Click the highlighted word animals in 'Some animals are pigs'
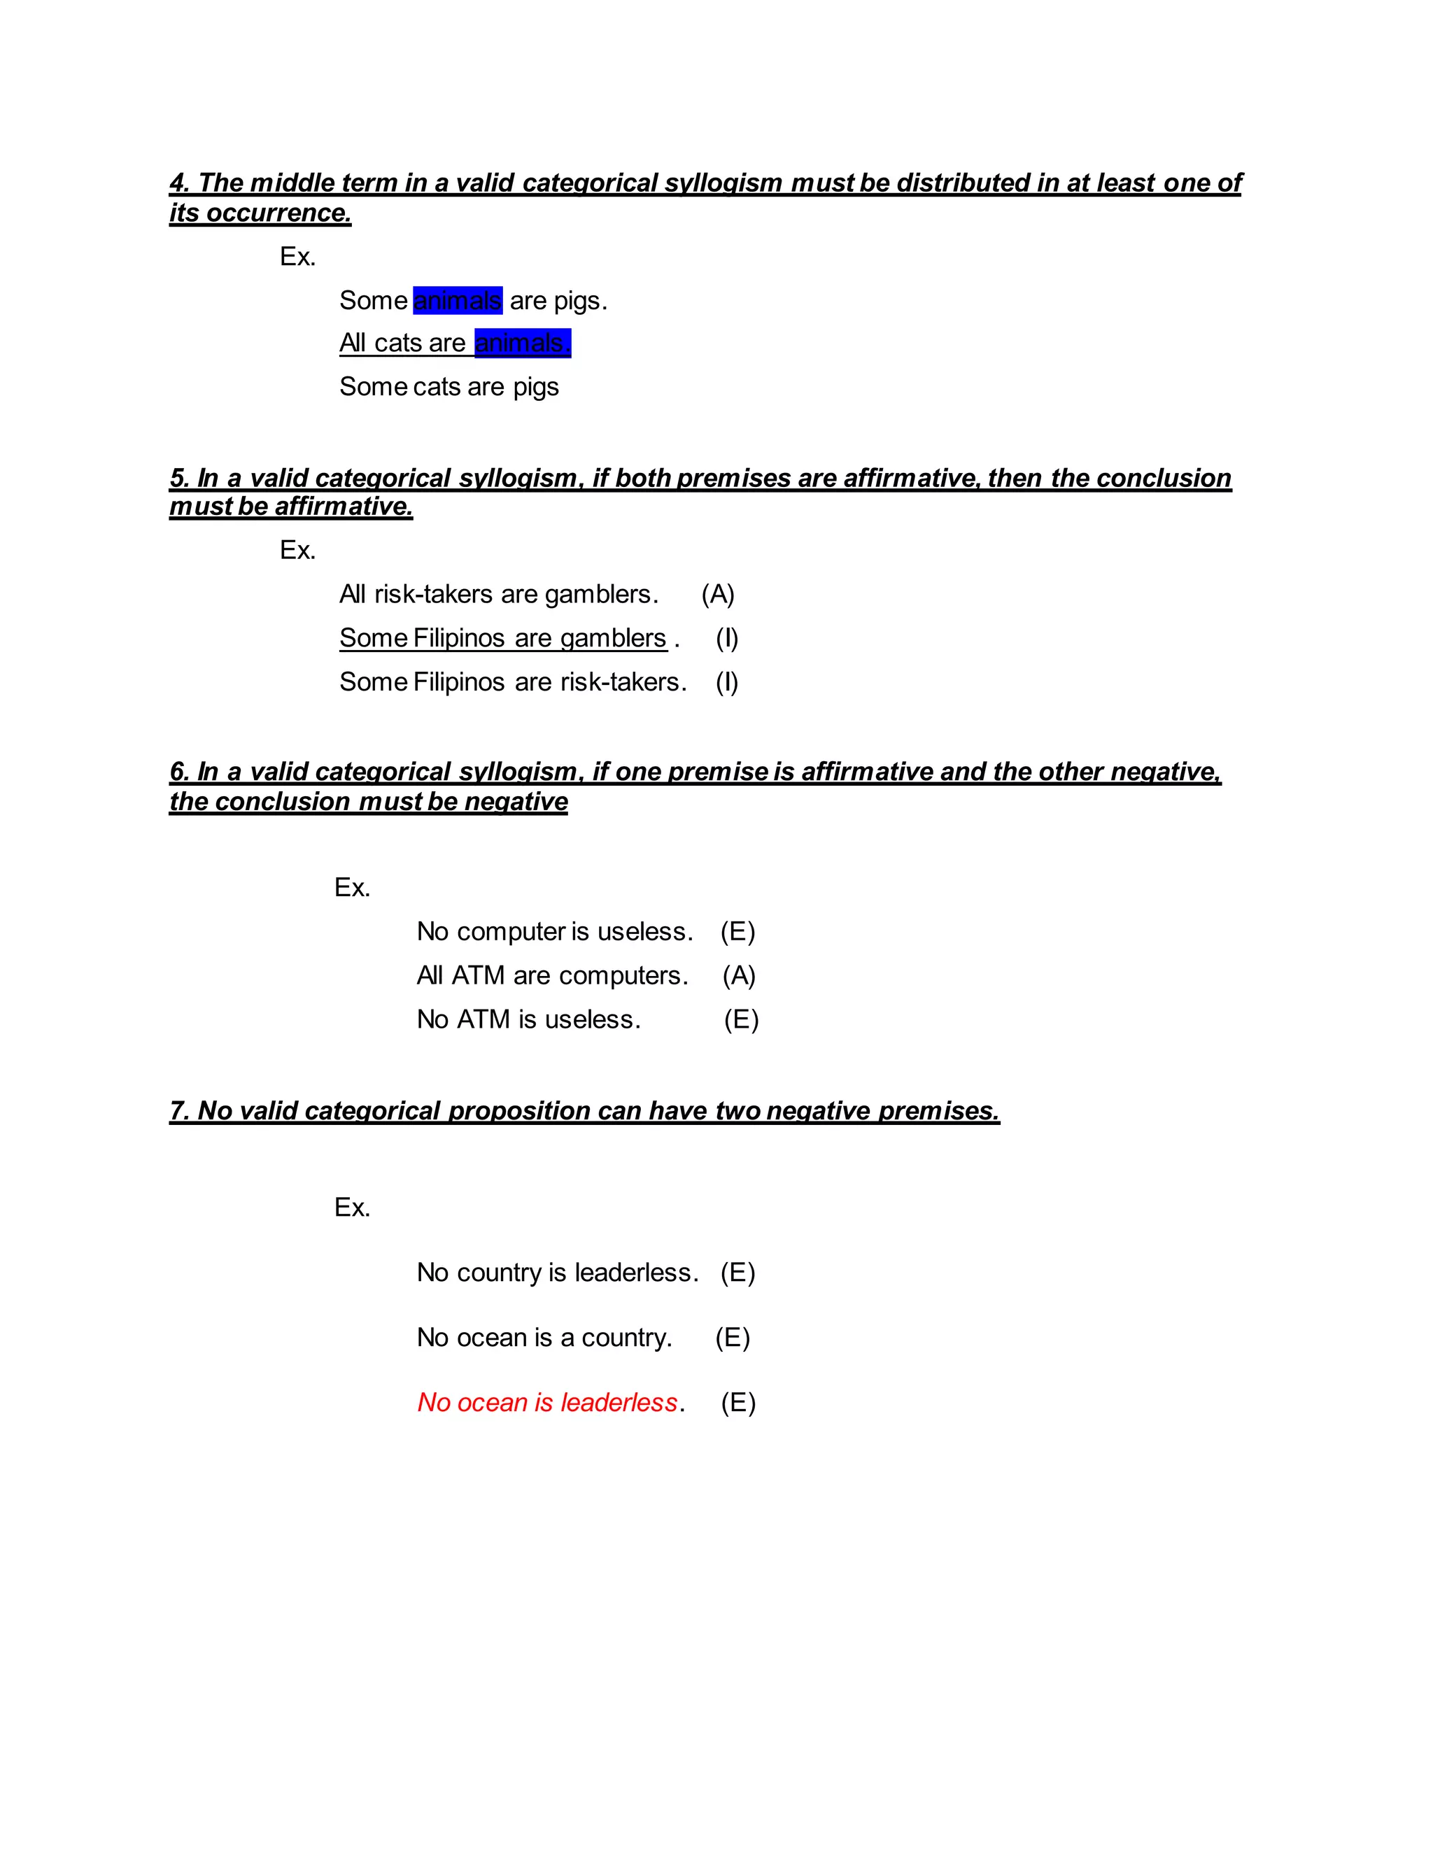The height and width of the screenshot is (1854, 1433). coord(458,301)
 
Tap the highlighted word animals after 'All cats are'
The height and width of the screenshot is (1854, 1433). coord(522,343)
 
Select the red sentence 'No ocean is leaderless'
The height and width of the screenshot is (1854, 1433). coord(548,1402)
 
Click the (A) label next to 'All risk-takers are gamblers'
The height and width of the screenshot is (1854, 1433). coord(717,594)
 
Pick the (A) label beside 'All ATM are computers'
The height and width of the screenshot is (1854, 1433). coord(739,975)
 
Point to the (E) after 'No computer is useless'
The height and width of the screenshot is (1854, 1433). coord(737,931)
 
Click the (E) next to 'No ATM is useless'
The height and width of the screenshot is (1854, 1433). coord(740,1019)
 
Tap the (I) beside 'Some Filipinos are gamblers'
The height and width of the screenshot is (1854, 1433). coord(727,638)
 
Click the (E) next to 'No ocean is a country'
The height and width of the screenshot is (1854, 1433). coord(732,1338)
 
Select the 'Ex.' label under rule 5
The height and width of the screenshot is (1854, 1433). coord(298,550)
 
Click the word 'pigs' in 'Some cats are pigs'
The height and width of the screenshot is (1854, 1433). coord(536,387)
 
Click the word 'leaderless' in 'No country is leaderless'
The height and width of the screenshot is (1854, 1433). coord(636,1273)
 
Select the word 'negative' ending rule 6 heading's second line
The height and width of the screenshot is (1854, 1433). coord(515,802)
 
